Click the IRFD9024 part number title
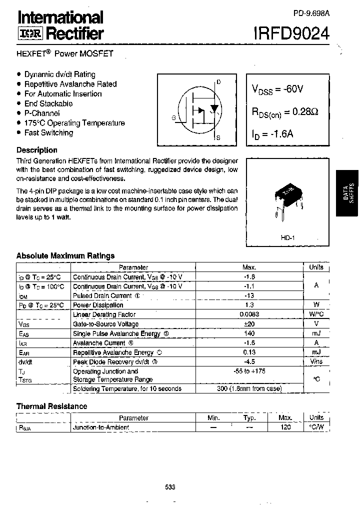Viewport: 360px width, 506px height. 293,33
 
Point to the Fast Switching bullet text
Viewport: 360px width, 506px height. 48,132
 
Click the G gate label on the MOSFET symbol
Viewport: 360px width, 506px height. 173,118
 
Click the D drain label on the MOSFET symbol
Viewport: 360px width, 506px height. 218,82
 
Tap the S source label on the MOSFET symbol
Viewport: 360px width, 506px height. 218,137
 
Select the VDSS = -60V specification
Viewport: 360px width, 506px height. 277,89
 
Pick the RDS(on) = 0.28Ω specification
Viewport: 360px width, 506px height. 284,112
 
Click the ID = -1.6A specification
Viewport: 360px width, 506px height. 272,134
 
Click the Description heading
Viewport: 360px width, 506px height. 37,150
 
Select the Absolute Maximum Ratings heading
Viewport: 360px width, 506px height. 65,255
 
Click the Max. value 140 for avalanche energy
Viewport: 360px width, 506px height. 249,333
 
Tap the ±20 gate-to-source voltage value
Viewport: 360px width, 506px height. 249,324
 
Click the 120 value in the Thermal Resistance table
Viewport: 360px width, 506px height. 285,427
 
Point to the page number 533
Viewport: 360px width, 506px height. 170,487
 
